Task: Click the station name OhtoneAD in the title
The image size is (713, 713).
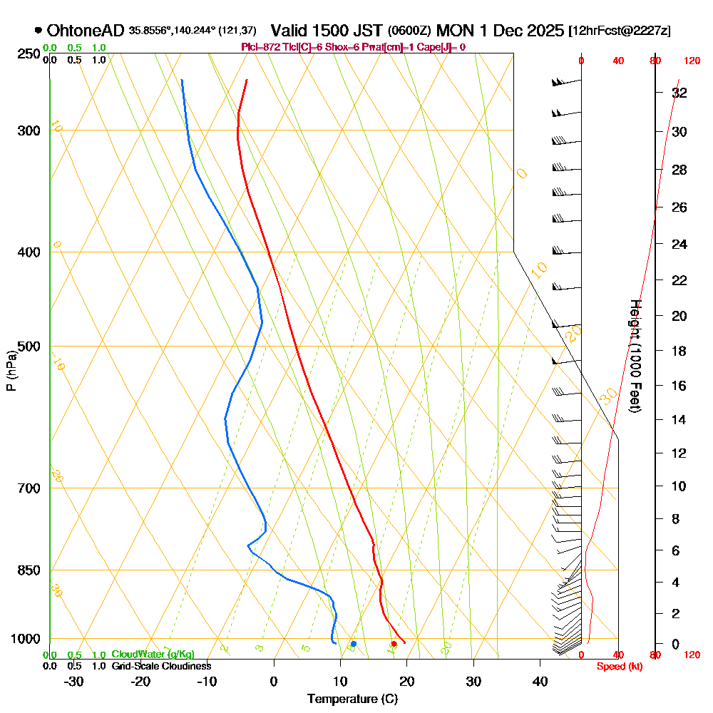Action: click(86, 31)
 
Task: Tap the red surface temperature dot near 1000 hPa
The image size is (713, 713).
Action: click(394, 644)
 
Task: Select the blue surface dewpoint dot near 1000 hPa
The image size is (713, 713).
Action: click(353, 644)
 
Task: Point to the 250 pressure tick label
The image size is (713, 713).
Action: click(28, 54)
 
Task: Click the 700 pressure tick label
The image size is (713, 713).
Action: click(28, 488)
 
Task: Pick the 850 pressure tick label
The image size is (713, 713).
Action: click(28, 570)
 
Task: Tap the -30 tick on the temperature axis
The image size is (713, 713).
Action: click(74, 681)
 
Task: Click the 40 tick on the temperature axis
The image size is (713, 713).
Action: click(540, 681)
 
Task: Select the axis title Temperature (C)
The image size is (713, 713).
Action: click(352, 699)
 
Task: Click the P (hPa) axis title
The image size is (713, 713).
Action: click(11, 371)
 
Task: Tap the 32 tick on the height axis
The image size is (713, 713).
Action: click(679, 93)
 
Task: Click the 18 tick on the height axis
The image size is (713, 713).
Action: click(679, 351)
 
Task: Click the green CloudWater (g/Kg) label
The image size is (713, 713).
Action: click(153, 655)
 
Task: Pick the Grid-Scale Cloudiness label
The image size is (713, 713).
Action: click(161, 666)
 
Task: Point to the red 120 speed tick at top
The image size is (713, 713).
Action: click(692, 61)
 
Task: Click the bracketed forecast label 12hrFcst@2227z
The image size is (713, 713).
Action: click(618, 31)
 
